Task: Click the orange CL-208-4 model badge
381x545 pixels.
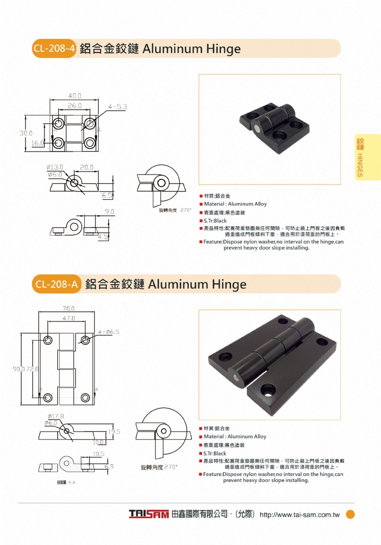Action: pos(54,49)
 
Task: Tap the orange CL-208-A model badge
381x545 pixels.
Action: pos(56,285)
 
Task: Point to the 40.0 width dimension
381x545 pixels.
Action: pos(75,96)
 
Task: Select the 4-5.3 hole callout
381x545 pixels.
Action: pos(117,107)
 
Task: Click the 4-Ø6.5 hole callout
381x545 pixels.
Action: pos(109,332)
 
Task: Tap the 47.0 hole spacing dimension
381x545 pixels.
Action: pos(69,318)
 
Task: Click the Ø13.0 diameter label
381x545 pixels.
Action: pos(55,167)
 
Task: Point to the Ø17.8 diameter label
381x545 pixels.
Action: pos(55,416)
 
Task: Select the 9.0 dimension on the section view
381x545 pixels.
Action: pos(110,212)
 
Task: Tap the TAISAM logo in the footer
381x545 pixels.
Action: pos(149,514)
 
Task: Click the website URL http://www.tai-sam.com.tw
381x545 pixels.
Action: pos(300,515)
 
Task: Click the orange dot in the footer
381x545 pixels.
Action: pos(350,514)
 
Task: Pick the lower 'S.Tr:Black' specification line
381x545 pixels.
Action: pos(215,454)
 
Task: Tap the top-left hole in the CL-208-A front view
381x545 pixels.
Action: pos(48,340)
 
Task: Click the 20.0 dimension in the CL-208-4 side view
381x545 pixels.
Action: pos(87,167)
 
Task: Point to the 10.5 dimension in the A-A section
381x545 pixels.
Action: pos(98,454)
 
